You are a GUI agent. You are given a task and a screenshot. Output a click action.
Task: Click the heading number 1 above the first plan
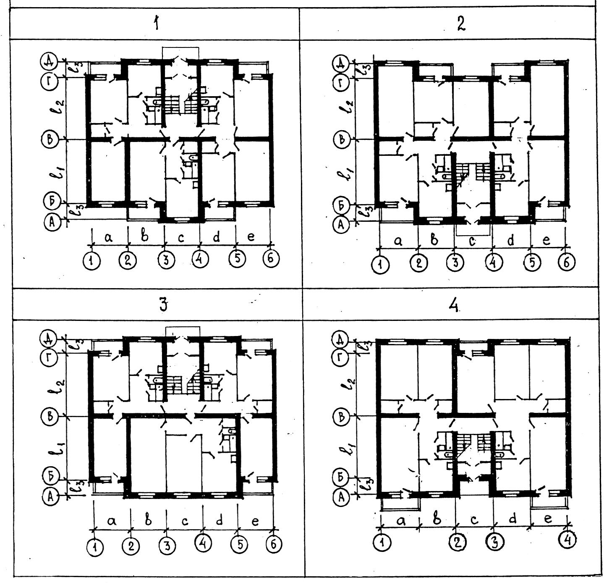[x=156, y=24]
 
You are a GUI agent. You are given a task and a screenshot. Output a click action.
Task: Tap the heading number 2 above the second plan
[x=461, y=24]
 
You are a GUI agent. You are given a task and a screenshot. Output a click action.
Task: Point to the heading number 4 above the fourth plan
[x=453, y=305]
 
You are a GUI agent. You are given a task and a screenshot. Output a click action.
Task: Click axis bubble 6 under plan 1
[x=270, y=259]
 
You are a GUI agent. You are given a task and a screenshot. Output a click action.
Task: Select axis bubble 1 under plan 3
[x=96, y=547]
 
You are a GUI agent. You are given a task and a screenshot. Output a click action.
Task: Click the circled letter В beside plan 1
[x=50, y=139]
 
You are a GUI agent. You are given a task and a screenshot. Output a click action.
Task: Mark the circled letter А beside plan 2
[x=340, y=225]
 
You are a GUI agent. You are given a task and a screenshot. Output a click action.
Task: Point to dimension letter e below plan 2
[x=546, y=240]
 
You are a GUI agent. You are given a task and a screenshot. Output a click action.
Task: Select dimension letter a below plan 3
[x=112, y=521]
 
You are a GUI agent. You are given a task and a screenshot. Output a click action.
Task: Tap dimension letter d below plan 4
[x=512, y=519]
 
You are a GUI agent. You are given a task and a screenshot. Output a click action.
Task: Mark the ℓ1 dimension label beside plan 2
[x=350, y=172]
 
